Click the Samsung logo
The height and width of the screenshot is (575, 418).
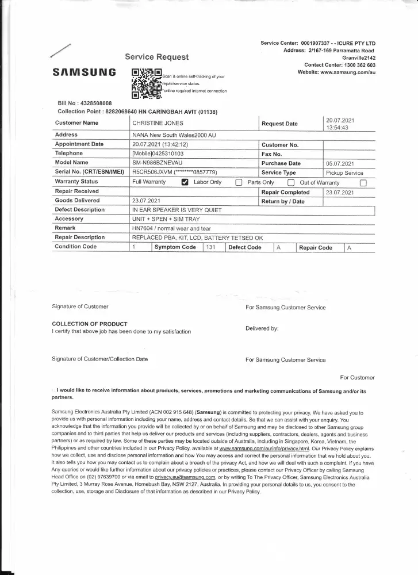pyautogui.click(x=84, y=73)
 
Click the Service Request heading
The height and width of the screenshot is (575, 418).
pyautogui.click(x=156, y=57)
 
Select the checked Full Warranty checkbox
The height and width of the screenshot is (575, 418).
pyautogui.click(x=185, y=182)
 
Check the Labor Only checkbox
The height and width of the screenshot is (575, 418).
pyautogui.click(x=238, y=182)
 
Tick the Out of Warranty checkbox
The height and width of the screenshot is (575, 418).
pyautogui.click(x=363, y=182)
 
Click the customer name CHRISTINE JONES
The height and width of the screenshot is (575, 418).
pyautogui.click(x=158, y=123)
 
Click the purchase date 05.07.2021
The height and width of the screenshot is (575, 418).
pyautogui.click(x=340, y=163)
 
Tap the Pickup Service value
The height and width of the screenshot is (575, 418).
pyautogui.click(x=344, y=172)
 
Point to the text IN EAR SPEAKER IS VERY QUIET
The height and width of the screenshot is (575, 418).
pyautogui.click(x=177, y=210)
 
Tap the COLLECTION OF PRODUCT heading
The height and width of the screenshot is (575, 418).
pyautogui.click(x=90, y=324)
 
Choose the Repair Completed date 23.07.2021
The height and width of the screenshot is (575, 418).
pyautogui.click(x=340, y=191)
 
